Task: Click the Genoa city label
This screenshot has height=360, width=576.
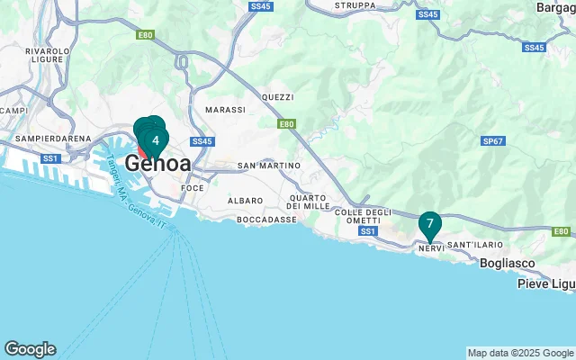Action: [158, 165]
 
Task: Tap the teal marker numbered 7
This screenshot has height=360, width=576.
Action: [430, 223]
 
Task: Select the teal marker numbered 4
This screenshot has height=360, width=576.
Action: [156, 140]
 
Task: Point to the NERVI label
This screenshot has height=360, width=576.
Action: [430, 246]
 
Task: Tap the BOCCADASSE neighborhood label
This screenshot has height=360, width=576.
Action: [265, 220]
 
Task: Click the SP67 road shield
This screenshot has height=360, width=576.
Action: [492, 141]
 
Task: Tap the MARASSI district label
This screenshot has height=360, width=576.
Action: [225, 110]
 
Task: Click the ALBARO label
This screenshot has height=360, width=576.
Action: [246, 200]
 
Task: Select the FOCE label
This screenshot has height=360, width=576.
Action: [193, 188]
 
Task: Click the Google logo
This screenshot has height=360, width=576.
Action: [30, 349]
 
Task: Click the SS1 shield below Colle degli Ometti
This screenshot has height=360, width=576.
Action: [367, 231]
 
